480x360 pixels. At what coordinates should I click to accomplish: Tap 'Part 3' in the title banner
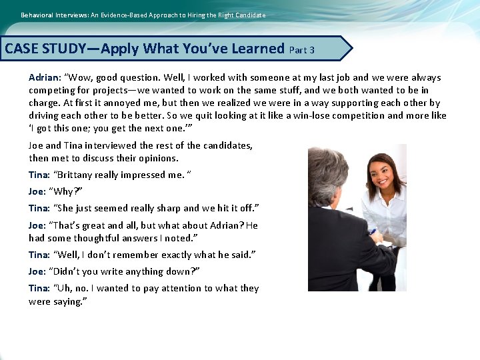click(x=302, y=50)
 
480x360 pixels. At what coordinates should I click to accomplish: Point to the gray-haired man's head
click(x=328, y=175)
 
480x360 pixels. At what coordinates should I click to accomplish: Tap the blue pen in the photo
click(x=371, y=232)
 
